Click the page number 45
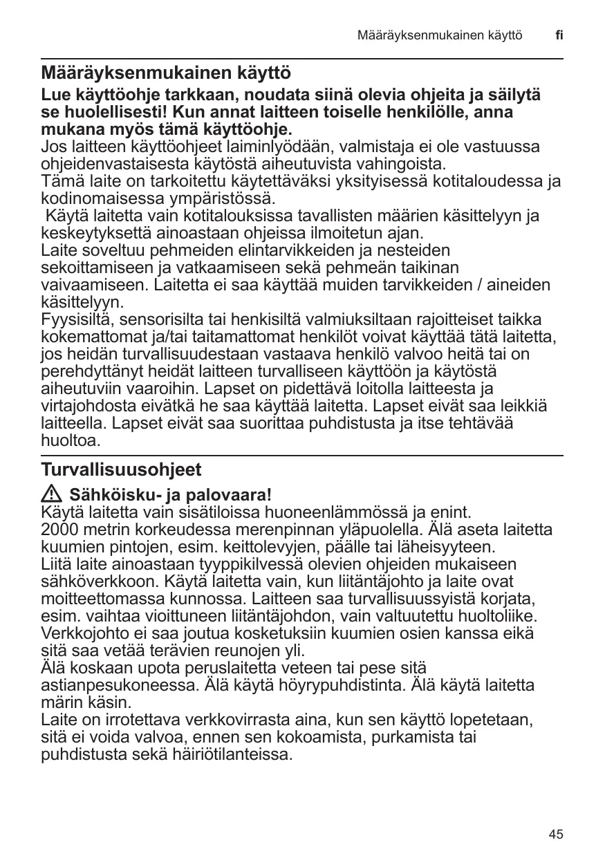click(x=556, y=834)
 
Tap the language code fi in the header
click(x=559, y=35)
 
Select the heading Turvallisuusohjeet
click(x=121, y=470)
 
